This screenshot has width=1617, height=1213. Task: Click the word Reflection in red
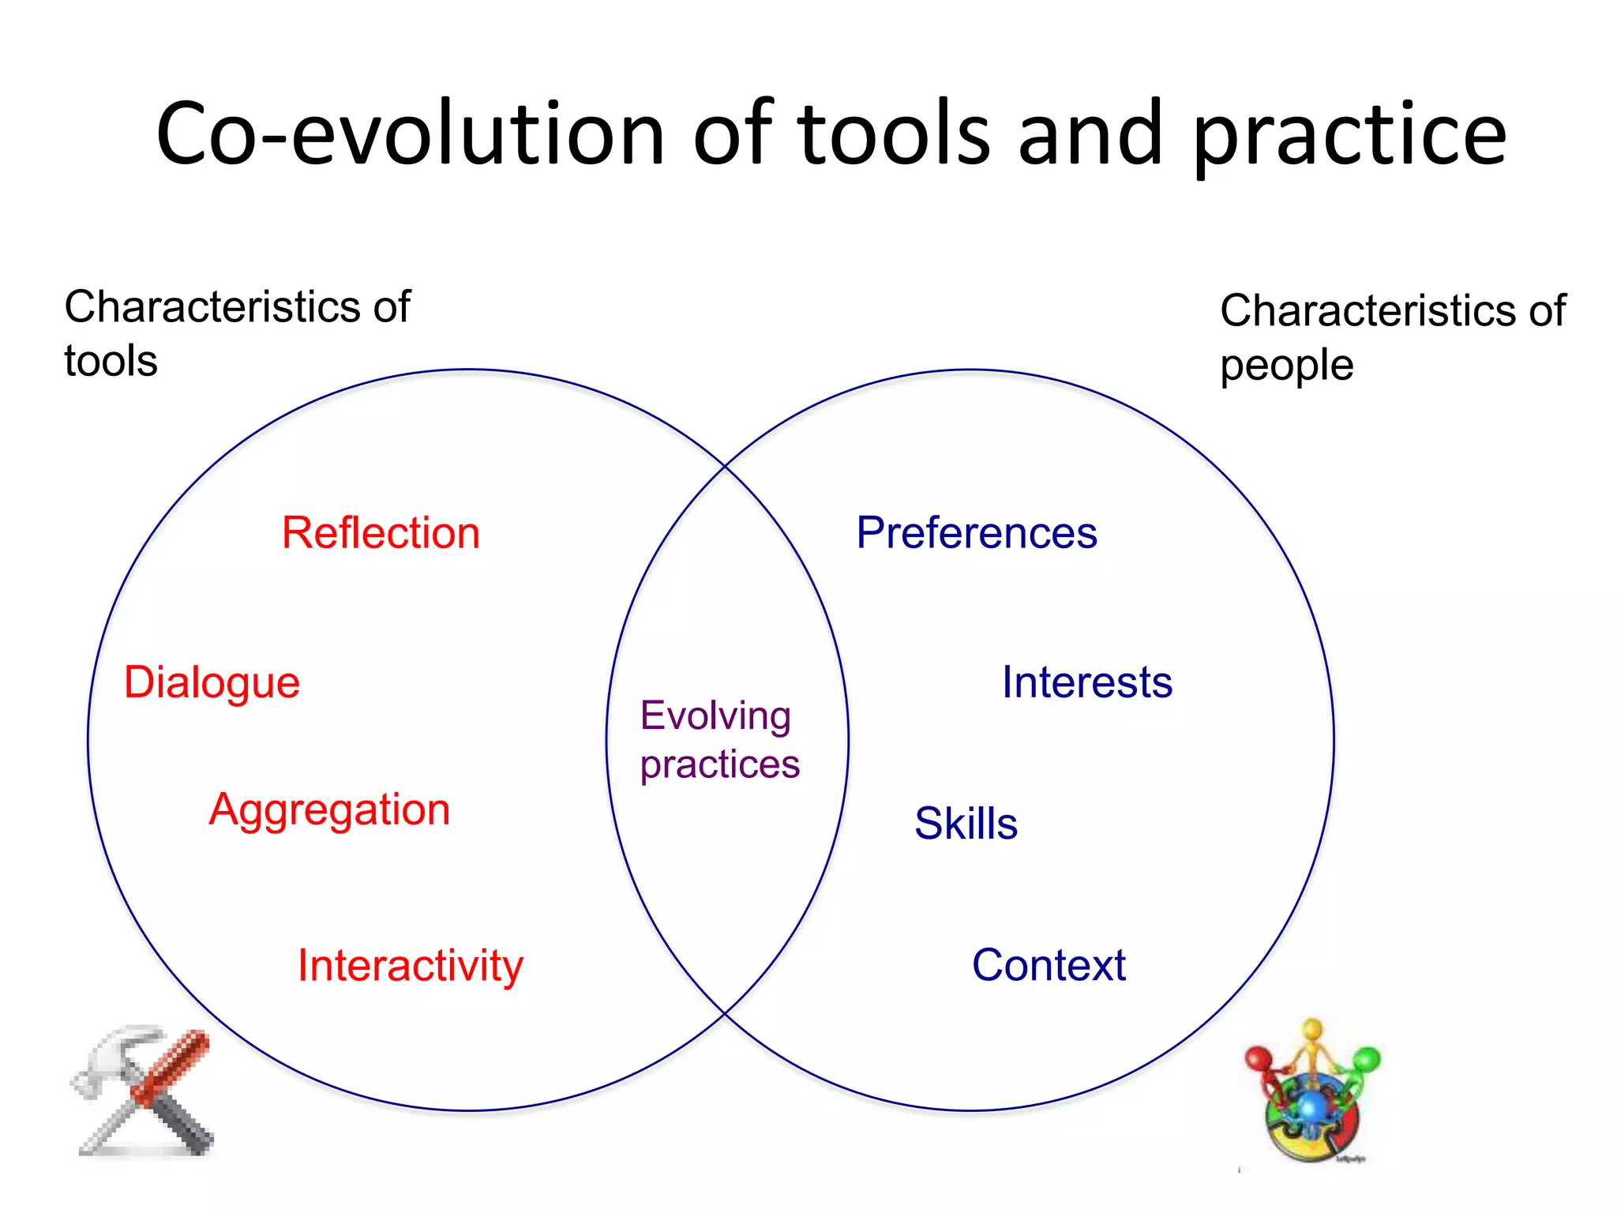[381, 533]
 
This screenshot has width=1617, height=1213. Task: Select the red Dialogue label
[212, 682]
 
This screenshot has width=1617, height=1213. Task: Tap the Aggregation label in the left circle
[329, 809]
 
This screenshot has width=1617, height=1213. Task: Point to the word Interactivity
[410, 965]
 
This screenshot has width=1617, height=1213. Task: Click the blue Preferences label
[977, 533]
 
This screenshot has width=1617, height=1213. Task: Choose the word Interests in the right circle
[1086, 682]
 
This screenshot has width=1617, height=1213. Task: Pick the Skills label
[966, 824]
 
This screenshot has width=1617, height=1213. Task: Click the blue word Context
[1049, 965]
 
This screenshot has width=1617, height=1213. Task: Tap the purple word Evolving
[715, 716]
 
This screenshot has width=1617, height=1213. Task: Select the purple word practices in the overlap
[719, 764]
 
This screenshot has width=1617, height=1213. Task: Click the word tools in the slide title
[893, 134]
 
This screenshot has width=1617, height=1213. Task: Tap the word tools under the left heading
[111, 362]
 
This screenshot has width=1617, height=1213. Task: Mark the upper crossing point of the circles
[725, 467]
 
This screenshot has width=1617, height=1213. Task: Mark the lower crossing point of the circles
[725, 1013]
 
